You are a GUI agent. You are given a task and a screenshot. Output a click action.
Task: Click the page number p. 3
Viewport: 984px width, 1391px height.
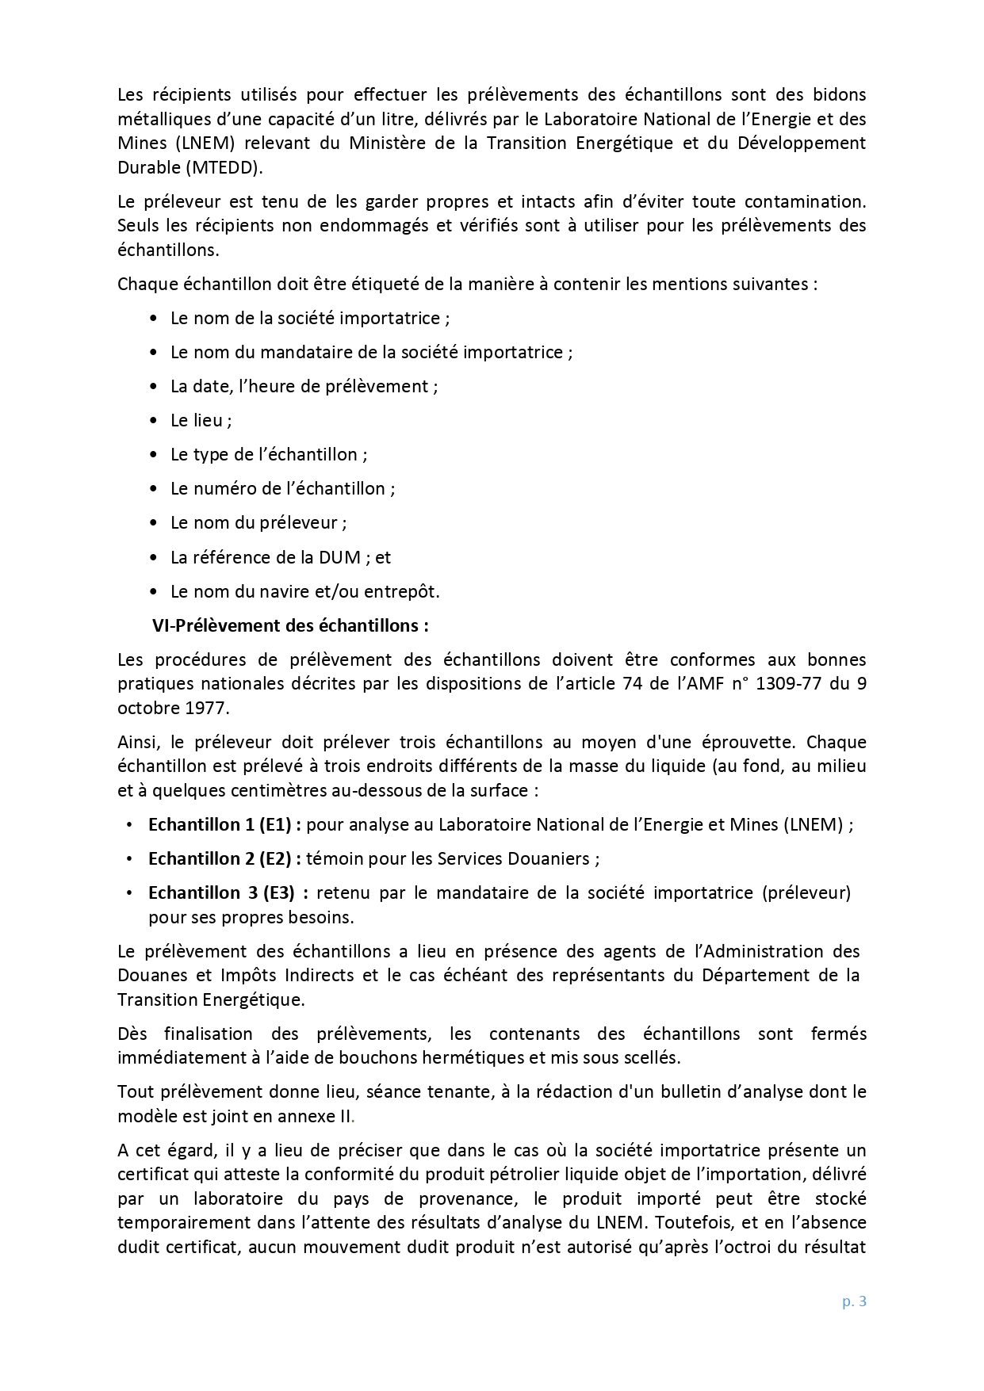[854, 1301]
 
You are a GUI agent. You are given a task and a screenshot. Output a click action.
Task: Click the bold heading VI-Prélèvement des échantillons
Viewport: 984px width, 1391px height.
[290, 625]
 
